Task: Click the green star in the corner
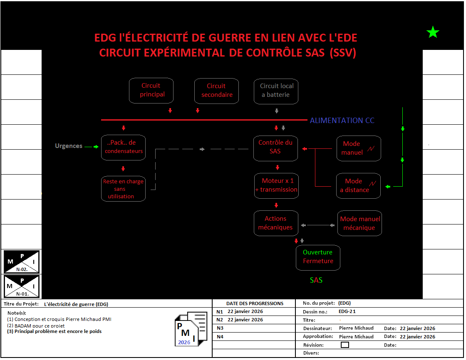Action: [x=433, y=32]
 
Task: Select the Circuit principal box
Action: [x=151, y=90]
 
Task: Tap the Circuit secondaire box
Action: [x=216, y=91]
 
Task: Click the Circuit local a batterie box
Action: [x=276, y=91]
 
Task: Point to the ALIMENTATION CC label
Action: [x=342, y=121]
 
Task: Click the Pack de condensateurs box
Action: [x=124, y=147]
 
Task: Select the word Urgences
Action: [x=69, y=146]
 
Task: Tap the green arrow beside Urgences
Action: [x=96, y=146]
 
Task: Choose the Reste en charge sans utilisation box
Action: [x=124, y=189]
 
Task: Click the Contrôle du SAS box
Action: [x=275, y=147]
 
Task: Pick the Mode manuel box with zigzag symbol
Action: [x=359, y=148]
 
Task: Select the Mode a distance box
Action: [x=359, y=185]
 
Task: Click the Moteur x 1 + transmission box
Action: [x=276, y=185]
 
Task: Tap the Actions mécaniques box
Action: [x=275, y=223]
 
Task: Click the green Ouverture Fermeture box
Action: [x=318, y=257]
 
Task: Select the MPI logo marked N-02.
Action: [x=22, y=261]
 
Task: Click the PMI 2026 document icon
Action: [x=191, y=329]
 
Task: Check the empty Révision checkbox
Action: [x=345, y=345]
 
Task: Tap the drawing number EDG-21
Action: [x=347, y=311]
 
